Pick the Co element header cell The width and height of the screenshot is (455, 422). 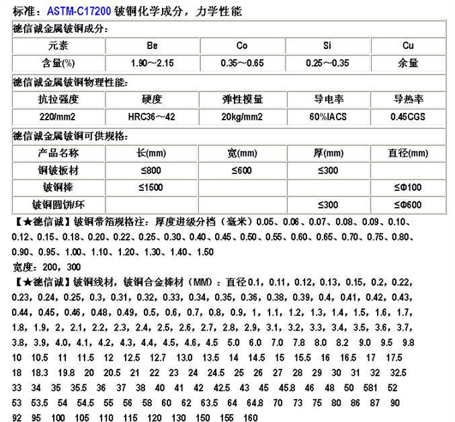[241, 46]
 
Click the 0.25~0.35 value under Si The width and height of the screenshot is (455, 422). [327, 62]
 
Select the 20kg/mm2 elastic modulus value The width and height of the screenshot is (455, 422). [241, 116]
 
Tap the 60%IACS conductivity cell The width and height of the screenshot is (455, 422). [327, 116]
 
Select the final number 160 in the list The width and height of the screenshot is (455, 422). [250, 417]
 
